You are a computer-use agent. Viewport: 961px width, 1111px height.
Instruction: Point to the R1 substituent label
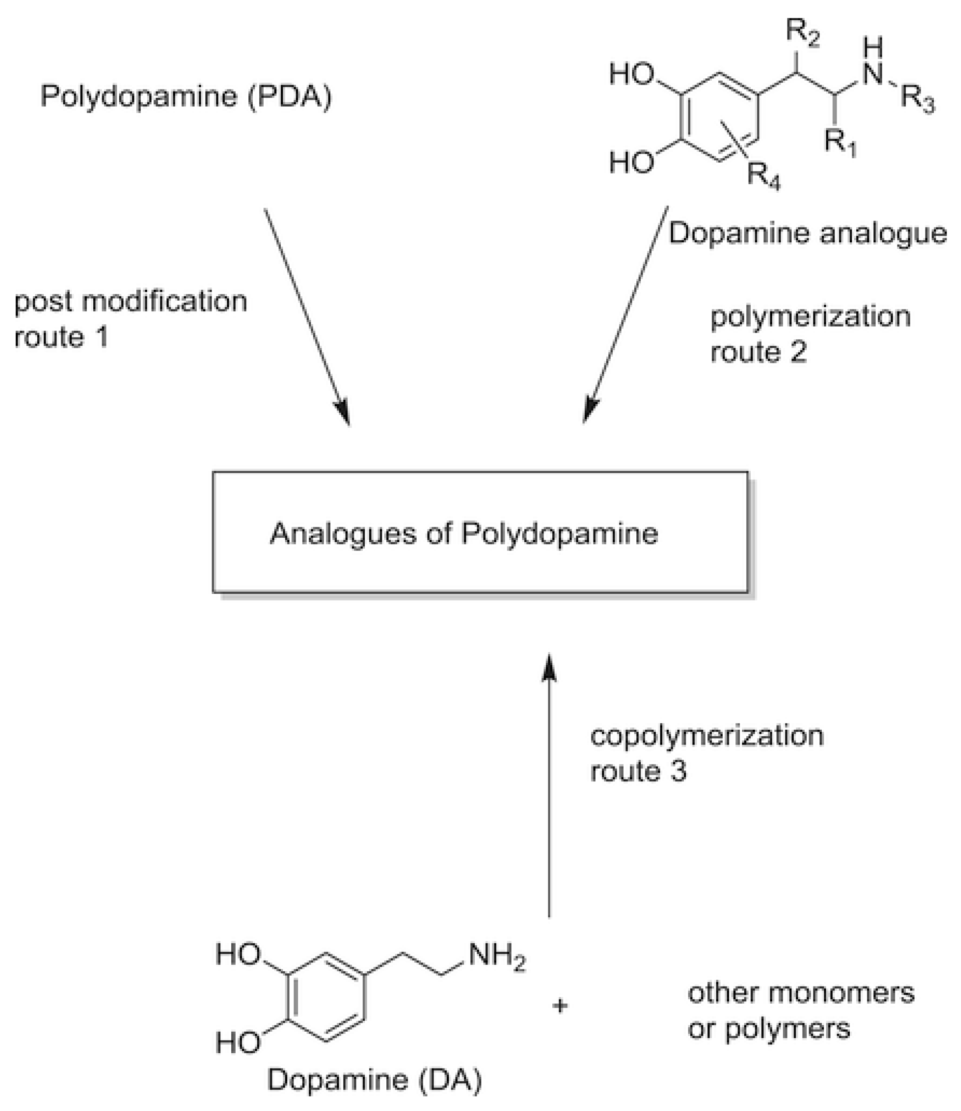[839, 142]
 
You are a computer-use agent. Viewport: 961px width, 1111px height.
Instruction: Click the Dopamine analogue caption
[807, 233]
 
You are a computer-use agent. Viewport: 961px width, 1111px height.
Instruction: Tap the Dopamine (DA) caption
[375, 1080]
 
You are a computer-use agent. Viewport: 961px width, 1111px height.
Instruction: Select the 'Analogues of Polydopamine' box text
[464, 534]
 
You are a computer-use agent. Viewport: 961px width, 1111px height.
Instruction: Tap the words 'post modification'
[131, 302]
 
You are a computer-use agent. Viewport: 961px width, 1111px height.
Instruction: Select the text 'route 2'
[758, 352]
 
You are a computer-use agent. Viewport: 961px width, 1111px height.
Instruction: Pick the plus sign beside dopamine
[559, 1006]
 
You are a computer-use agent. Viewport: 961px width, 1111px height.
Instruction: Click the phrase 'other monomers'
[801, 993]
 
